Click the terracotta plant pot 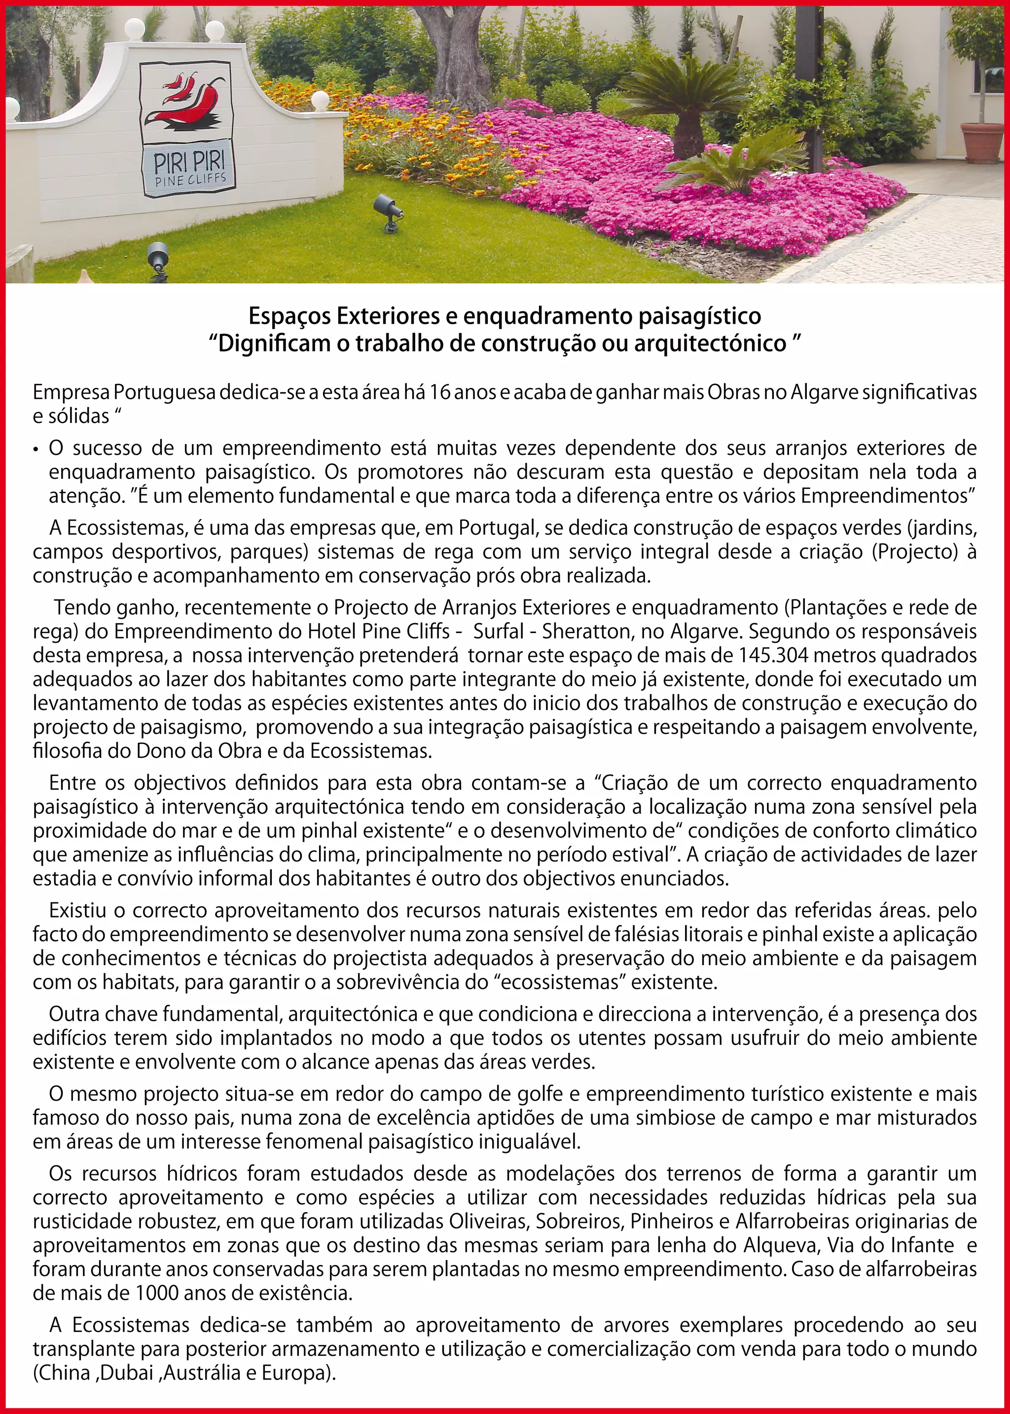[x=981, y=143]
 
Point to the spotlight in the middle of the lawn [x=389, y=212]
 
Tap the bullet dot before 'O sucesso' [x=38, y=449]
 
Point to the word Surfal [x=498, y=632]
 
